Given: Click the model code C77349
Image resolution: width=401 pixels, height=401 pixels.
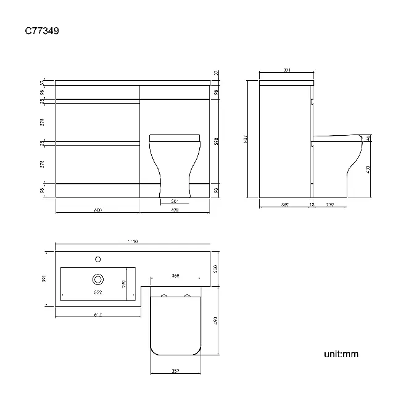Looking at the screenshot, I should pos(42,29).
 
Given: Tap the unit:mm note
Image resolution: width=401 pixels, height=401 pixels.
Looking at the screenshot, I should pos(341,354).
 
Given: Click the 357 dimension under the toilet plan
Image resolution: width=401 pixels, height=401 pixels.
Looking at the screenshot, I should pos(175,371).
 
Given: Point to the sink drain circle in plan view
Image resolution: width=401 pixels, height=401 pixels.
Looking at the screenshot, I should pos(97,278).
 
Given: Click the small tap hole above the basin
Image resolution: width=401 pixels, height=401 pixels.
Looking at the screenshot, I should pos(97,258).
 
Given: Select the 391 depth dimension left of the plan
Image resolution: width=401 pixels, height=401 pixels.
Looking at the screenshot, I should pos(43,278).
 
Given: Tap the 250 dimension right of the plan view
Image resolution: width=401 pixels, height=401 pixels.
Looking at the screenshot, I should pos(215,269).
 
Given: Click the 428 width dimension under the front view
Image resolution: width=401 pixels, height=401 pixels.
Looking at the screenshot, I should pos(175,210).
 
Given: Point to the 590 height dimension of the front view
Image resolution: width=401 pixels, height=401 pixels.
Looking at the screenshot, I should pos(215,141).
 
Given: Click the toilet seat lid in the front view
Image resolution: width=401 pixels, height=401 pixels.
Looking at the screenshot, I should pos(176,137).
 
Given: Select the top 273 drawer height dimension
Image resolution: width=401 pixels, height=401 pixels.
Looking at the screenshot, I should pos(43,123).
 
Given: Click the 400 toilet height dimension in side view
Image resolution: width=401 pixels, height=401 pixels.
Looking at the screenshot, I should pos(368,169).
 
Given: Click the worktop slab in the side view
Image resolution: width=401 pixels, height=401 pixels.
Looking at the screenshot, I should pos(286,82).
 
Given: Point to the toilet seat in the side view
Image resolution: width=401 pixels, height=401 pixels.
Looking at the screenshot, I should pos(336,137).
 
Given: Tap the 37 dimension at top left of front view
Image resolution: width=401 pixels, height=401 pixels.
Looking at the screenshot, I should pos(43,82).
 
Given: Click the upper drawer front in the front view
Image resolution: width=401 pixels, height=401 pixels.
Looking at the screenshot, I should pos(97,123).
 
